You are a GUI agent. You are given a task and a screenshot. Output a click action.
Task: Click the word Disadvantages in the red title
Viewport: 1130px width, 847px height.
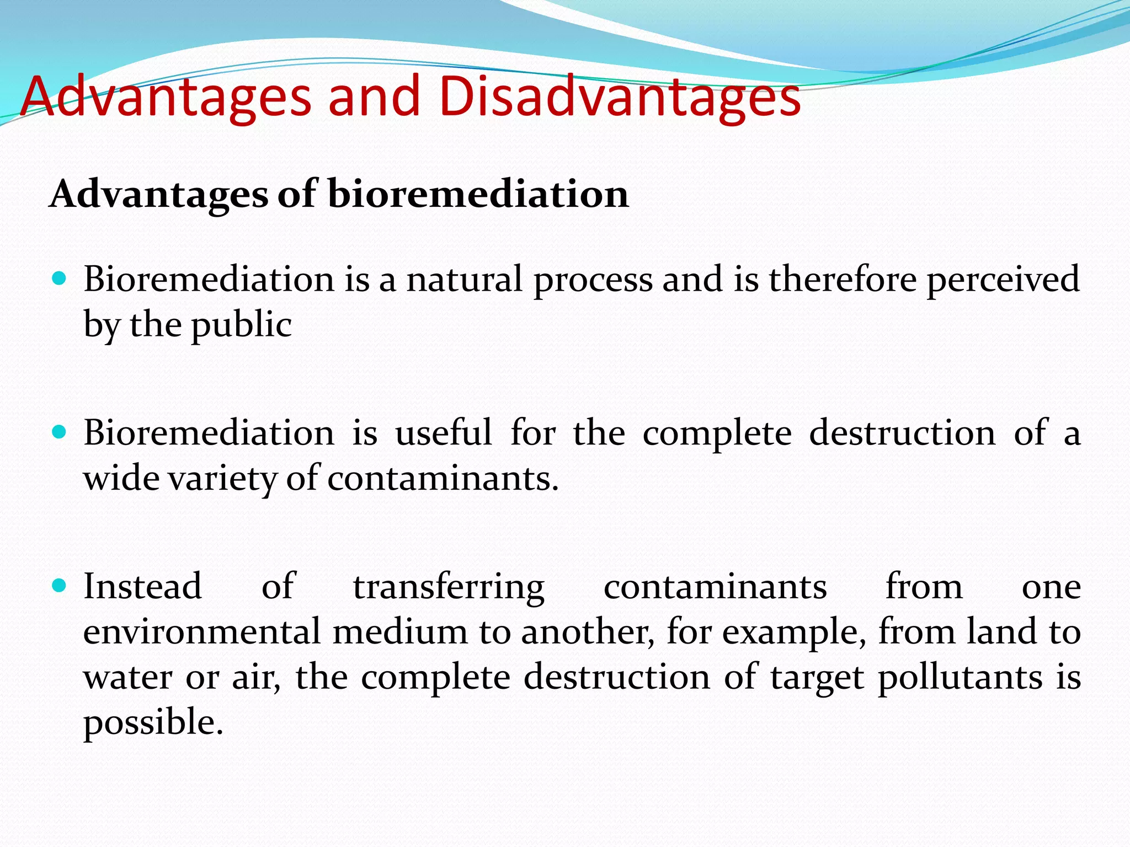(x=620, y=98)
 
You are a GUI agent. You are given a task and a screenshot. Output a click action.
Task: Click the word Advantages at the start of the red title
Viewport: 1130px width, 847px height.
(x=166, y=98)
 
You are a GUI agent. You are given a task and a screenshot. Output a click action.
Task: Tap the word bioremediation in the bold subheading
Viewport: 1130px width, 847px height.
(x=478, y=194)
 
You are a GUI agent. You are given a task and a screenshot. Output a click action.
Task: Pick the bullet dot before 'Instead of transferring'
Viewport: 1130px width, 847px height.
(x=59, y=585)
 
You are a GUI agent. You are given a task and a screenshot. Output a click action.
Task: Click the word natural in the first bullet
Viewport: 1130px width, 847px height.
(x=464, y=279)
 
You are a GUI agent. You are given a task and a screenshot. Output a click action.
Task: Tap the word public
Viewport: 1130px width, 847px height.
(x=241, y=325)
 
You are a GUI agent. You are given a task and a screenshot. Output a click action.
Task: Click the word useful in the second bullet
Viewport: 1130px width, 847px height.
(x=443, y=432)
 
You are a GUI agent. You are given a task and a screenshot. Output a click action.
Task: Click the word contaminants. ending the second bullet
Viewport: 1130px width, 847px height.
(x=443, y=479)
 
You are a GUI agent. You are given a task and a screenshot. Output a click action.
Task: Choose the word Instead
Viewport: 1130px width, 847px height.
(x=142, y=586)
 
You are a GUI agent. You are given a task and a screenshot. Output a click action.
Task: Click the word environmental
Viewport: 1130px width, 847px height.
(x=202, y=632)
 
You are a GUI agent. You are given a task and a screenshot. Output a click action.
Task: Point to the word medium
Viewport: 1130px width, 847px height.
(x=400, y=632)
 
